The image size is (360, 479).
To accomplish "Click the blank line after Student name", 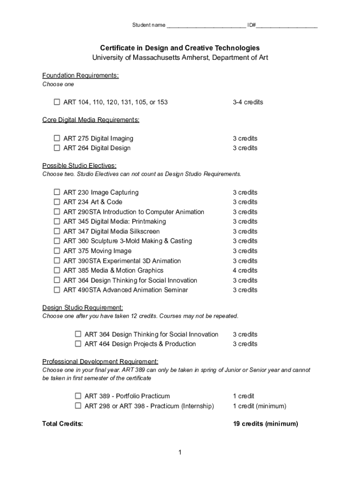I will [x=206, y=26].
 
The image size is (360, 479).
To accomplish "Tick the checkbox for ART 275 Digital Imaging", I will [x=57, y=138].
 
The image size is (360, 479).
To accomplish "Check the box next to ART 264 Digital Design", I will [x=57, y=148].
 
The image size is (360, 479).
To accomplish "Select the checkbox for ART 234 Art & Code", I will [x=57, y=202].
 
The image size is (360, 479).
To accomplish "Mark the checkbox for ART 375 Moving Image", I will [x=57, y=251].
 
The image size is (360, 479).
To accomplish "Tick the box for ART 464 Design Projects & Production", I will [x=78, y=344].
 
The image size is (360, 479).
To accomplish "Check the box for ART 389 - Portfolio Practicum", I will [x=78, y=396].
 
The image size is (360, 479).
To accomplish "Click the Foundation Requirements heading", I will [x=80, y=76].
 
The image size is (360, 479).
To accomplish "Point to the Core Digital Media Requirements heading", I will [x=91, y=120].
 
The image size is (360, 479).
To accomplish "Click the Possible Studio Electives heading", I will [x=79, y=166].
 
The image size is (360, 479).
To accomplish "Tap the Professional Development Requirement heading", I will [x=101, y=362].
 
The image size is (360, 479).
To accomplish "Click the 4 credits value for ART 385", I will [x=245, y=270].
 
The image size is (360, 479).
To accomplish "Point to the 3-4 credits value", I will [x=248, y=102].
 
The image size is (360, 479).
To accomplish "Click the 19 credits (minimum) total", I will [x=265, y=424].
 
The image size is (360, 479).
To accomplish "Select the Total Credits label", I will [x=63, y=424].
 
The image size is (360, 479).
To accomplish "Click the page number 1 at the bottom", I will [x=180, y=452].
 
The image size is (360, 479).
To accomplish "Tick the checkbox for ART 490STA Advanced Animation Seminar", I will [x=57, y=290].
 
